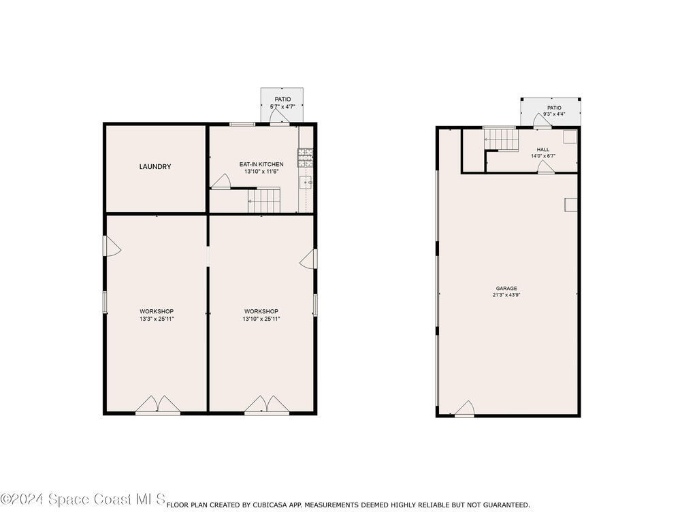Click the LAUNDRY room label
pyautogui.click(x=155, y=167)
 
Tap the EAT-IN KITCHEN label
pyautogui.click(x=261, y=164)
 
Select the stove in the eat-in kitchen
pyautogui.click(x=305, y=158)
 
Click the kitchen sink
pyautogui.click(x=306, y=183)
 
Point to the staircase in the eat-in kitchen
pyautogui.click(x=264, y=200)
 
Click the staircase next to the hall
pyautogui.click(x=501, y=138)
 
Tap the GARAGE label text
pyautogui.click(x=506, y=288)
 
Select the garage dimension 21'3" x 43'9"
pyautogui.click(x=506, y=295)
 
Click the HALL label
pyautogui.click(x=542, y=149)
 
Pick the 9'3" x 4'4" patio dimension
pyautogui.click(x=554, y=114)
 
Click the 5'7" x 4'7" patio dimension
pyautogui.click(x=282, y=107)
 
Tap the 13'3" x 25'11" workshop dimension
pyautogui.click(x=157, y=319)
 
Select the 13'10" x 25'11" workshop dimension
pyautogui.click(x=261, y=319)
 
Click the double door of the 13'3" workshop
pyautogui.click(x=158, y=405)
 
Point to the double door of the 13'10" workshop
pyautogui.click(x=267, y=405)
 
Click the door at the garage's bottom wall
pyautogui.click(x=464, y=409)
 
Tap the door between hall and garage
pyautogui.click(x=547, y=168)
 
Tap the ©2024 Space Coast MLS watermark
pyautogui.click(x=83, y=499)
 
